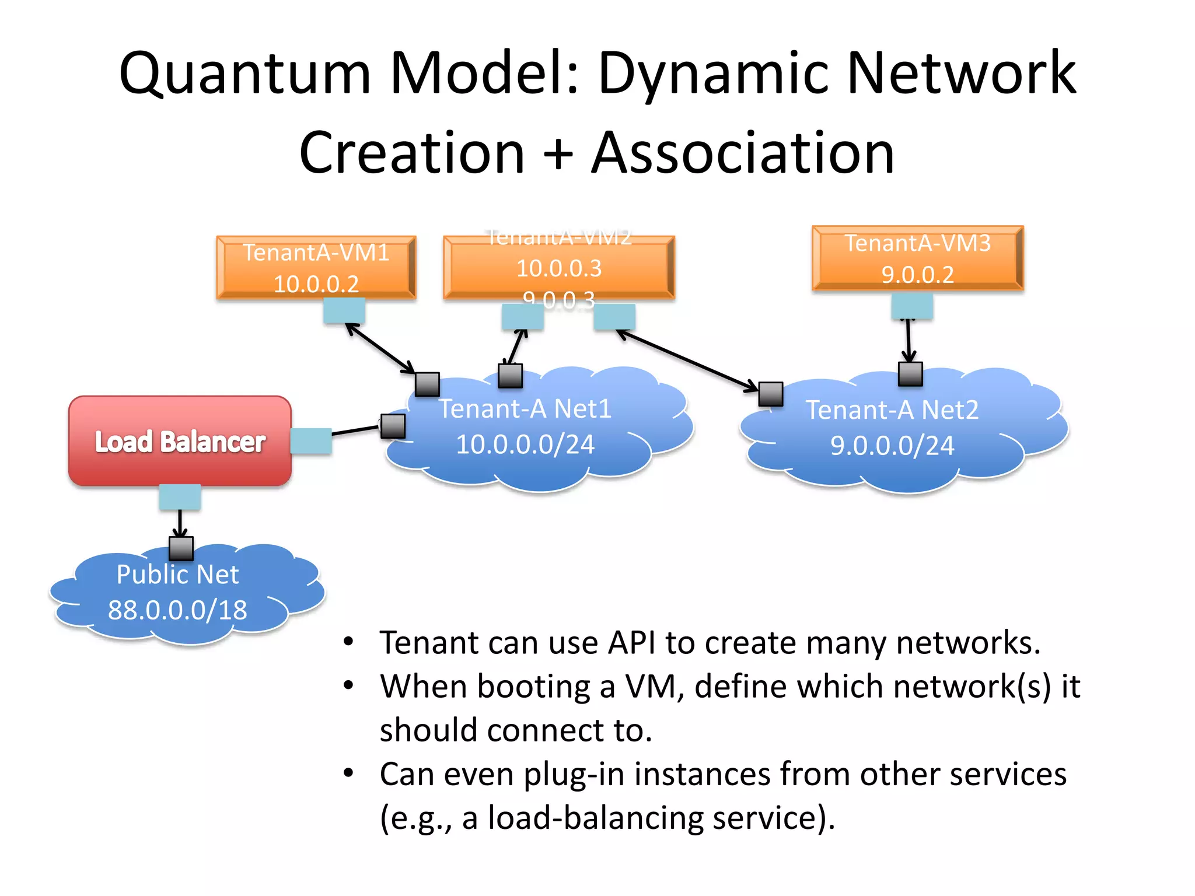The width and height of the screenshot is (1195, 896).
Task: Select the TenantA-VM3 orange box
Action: [917, 258]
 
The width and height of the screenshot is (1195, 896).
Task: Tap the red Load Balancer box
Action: [180, 441]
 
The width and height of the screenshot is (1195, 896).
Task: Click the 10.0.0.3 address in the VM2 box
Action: [558, 268]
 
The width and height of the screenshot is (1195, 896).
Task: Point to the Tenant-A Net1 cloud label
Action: [525, 408]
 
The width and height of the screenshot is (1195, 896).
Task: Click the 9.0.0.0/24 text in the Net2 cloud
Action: [892, 446]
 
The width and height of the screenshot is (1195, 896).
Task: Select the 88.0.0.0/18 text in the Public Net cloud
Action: [177, 610]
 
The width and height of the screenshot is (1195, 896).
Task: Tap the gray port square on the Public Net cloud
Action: [181, 548]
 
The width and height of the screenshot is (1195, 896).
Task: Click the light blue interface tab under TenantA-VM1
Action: [344, 311]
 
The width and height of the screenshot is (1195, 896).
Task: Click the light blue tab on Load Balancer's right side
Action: [311, 441]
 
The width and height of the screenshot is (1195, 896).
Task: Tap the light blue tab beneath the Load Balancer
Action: [180, 497]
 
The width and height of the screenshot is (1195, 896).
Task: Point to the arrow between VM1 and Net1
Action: [380, 348]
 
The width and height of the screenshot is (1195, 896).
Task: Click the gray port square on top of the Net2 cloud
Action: [910, 374]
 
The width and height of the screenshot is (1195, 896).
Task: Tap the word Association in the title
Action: [742, 153]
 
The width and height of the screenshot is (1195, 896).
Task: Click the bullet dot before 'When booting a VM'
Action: [348, 685]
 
